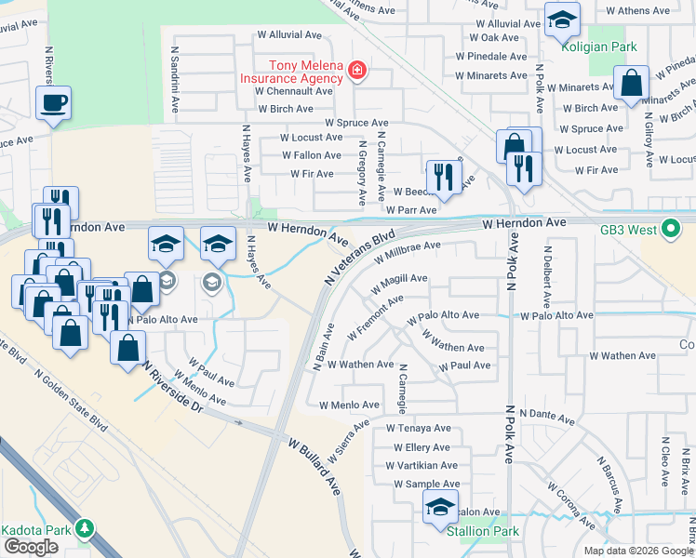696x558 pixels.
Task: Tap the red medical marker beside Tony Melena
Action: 356,71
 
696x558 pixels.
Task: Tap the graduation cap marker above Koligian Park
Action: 562,20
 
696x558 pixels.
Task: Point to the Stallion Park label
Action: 481,532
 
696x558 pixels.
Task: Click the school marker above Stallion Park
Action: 440,507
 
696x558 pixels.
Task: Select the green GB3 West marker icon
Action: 670,229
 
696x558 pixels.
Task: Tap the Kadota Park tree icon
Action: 86,529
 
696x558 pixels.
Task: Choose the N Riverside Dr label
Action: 171,388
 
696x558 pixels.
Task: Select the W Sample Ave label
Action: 426,485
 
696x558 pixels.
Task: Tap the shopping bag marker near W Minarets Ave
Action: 632,83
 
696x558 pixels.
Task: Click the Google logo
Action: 31,547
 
